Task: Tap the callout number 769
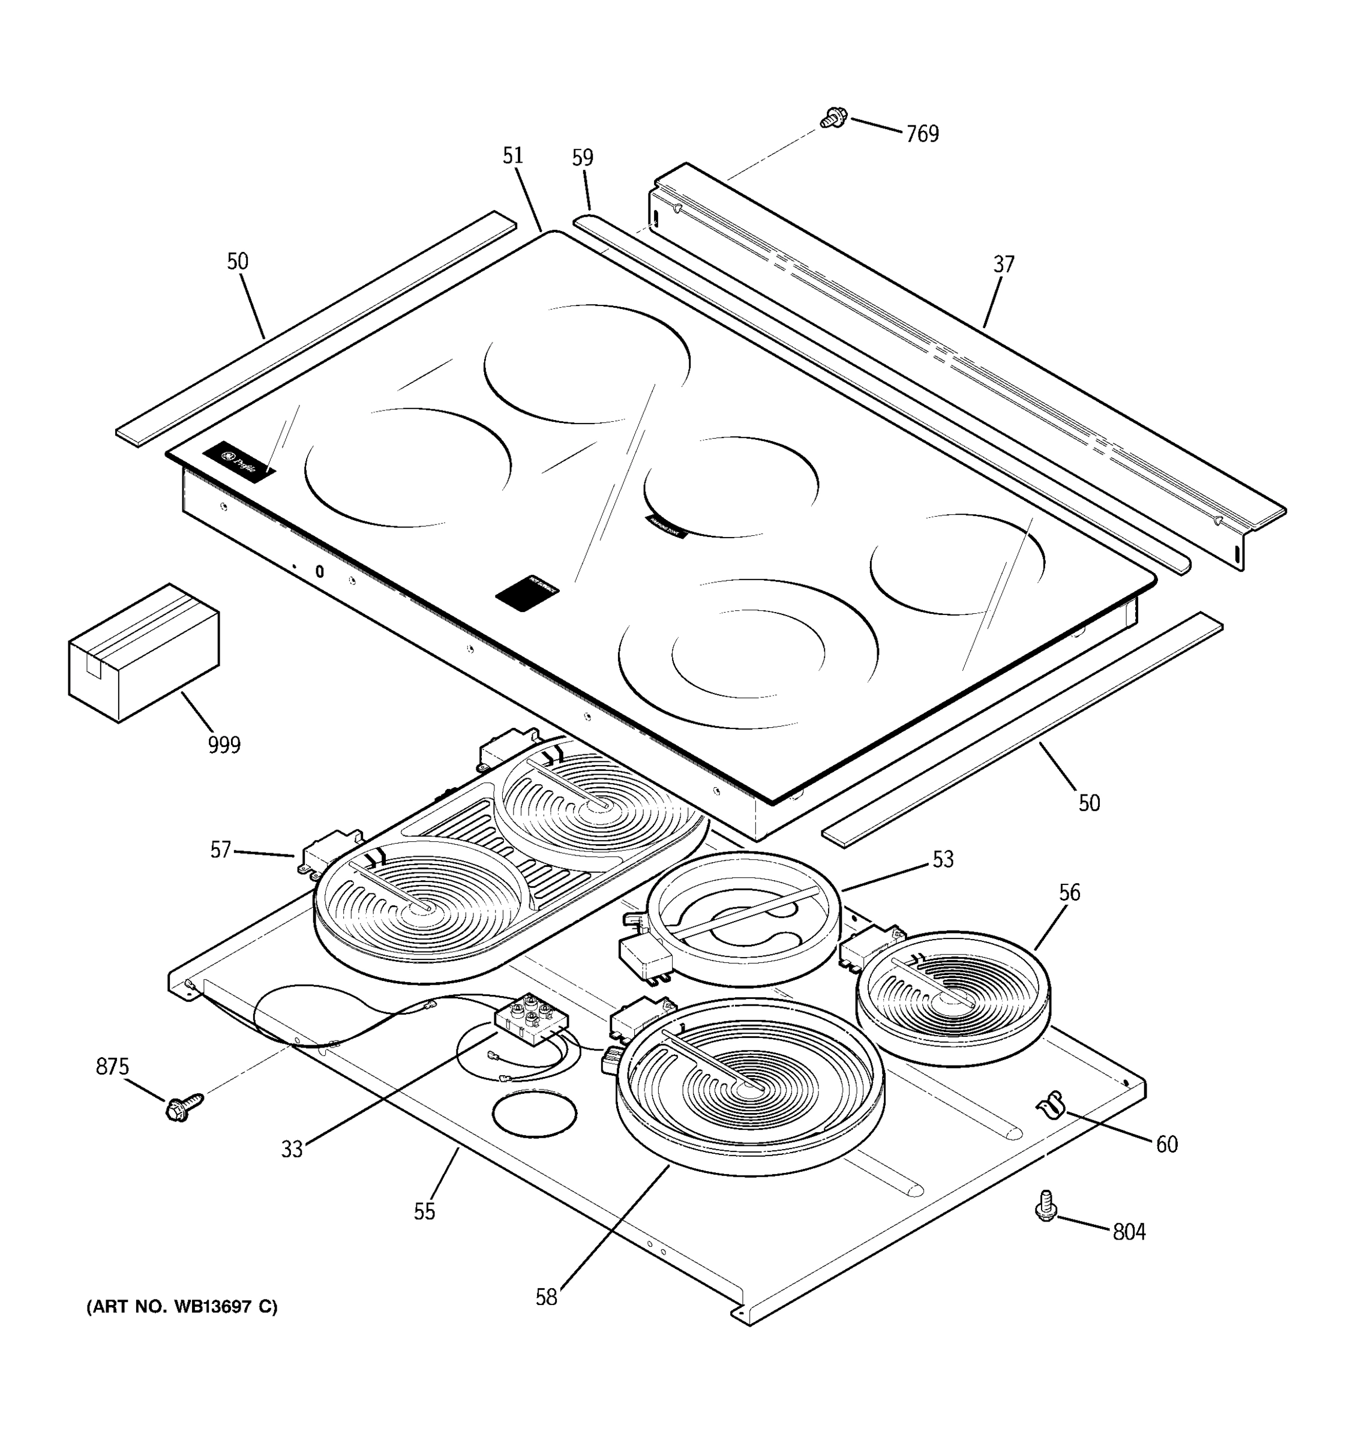[x=922, y=134]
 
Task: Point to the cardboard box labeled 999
[x=143, y=653]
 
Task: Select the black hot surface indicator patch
[x=527, y=593]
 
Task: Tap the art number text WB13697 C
[x=182, y=1307]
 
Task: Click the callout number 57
[x=220, y=850]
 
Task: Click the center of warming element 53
[x=743, y=919]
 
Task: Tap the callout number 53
[x=943, y=859]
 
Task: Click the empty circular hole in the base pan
[x=535, y=1114]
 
